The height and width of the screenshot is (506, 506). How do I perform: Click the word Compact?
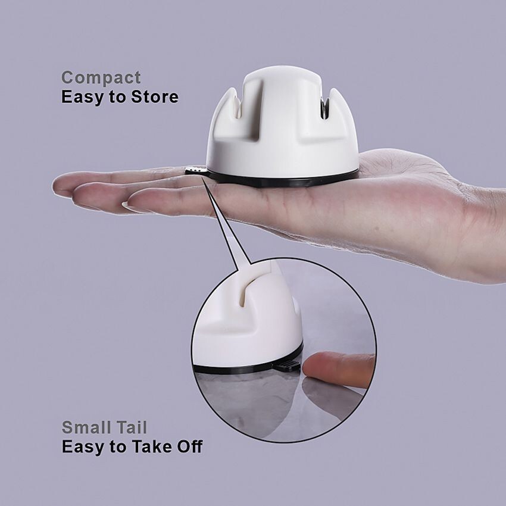(x=101, y=77)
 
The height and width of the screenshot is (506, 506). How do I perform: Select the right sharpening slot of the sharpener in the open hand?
(x=325, y=107)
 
